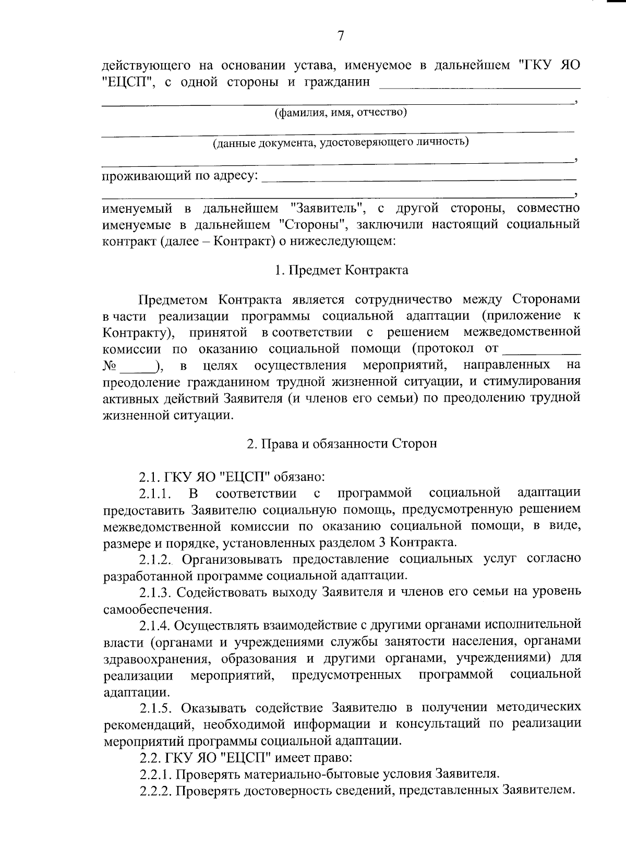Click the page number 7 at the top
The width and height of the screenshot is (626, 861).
pyautogui.click(x=341, y=36)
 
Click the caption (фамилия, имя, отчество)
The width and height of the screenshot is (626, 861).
pyautogui.click(x=341, y=113)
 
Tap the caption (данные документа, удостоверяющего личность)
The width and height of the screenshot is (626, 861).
pyautogui.click(x=340, y=142)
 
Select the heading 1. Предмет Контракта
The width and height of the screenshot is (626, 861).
pyautogui.click(x=341, y=270)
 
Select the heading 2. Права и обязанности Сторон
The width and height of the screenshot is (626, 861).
pyautogui.click(x=341, y=443)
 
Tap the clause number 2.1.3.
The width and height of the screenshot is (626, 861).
pyautogui.click(x=155, y=592)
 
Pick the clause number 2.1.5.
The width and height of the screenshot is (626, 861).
pyautogui.click(x=155, y=708)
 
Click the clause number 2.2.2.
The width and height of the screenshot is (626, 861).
pyautogui.click(x=155, y=791)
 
